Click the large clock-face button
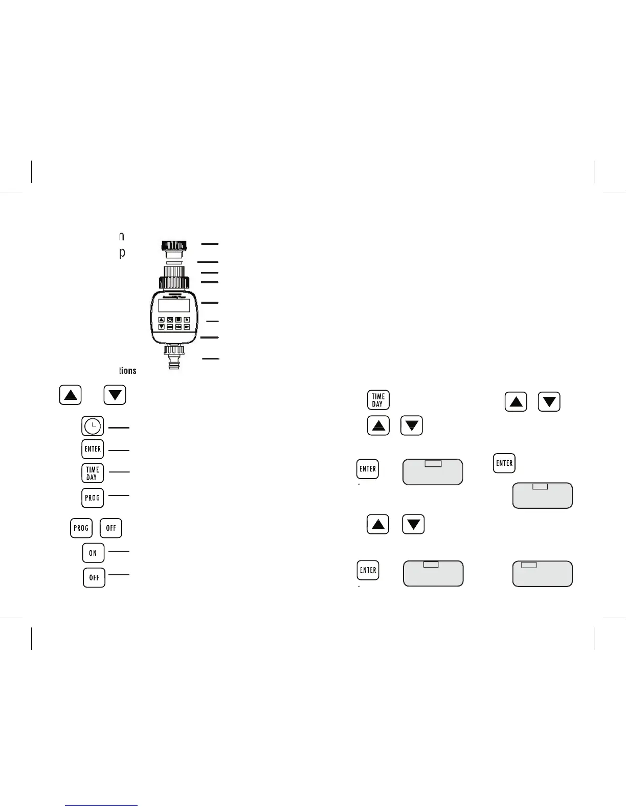point(93,426)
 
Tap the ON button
point(93,553)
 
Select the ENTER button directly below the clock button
point(93,449)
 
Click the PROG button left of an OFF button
point(81,528)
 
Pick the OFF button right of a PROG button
point(111,528)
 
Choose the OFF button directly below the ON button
point(94,577)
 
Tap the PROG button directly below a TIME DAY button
point(93,498)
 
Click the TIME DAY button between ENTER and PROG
point(93,473)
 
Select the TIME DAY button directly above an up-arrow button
point(378,400)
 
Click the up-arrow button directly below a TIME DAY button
point(378,425)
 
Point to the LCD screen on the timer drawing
point(174,306)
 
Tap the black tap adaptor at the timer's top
point(174,246)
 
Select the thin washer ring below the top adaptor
point(174,262)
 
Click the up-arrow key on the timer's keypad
point(162,320)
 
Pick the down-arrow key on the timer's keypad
point(162,326)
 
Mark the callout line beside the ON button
point(119,551)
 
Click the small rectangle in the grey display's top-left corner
point(528,565)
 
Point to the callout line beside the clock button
point(119,427)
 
